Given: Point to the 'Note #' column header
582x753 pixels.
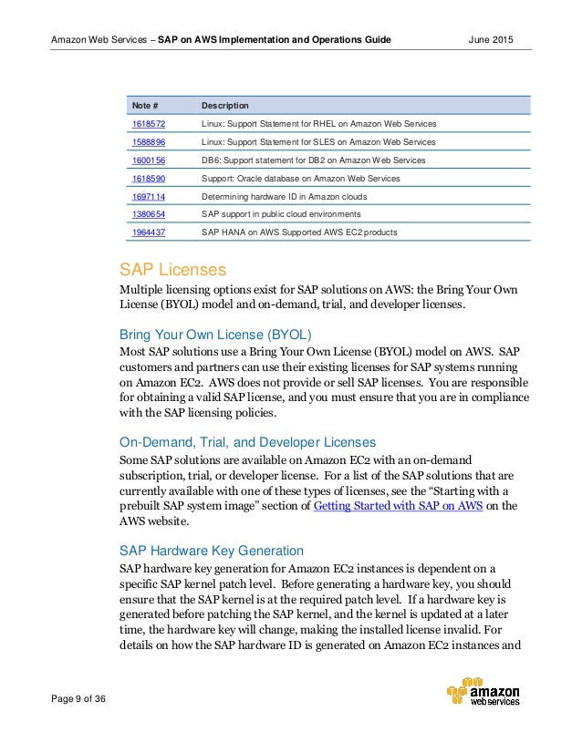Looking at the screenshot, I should click(146, 106).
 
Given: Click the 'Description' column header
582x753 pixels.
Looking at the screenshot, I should click(225, 106).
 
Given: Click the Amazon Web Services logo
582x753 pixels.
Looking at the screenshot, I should click(483, 692).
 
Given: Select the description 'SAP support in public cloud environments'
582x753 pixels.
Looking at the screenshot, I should click(281, 213).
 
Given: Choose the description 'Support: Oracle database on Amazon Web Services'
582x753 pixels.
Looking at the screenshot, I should click(300, 178).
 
